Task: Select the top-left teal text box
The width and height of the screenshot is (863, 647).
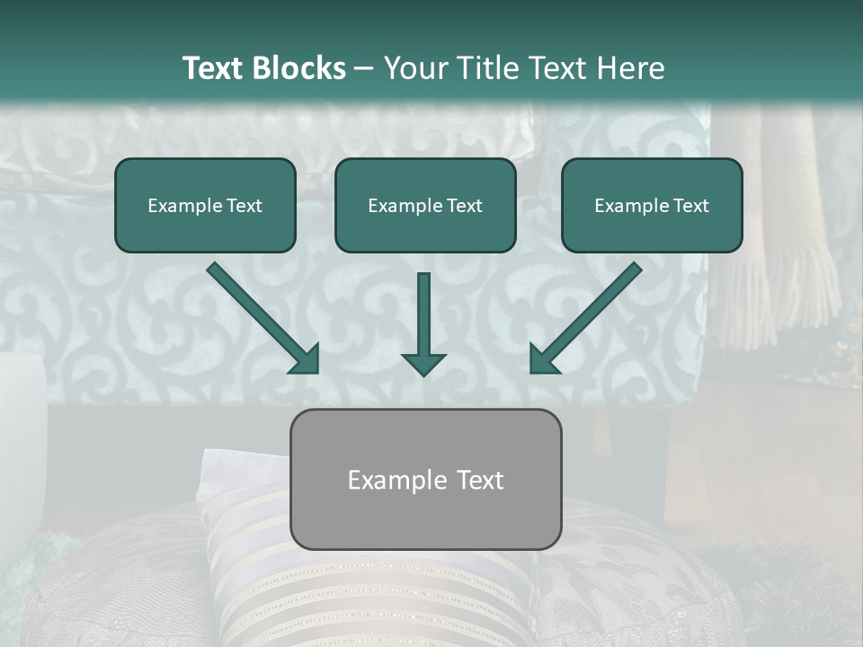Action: point(205,184)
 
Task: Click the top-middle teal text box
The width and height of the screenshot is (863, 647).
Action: point(425,184)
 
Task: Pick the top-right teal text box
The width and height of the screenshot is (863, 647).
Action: point(652,184)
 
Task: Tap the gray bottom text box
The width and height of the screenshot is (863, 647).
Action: point(425,517)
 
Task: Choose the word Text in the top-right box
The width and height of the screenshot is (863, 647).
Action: point(690,206)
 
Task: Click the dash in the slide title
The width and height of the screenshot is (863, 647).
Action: point(364,69)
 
